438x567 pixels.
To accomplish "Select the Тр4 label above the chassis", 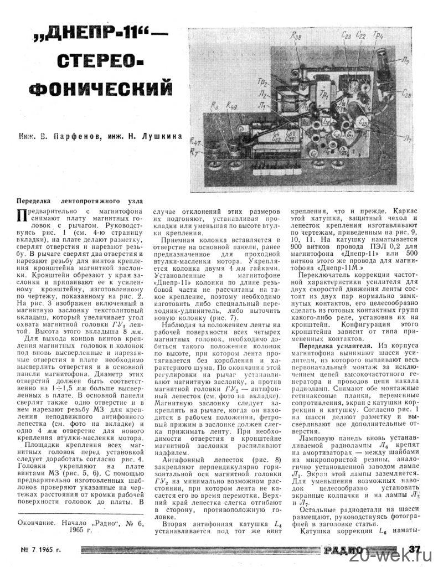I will pyautogui.click(x=378, y=36).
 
